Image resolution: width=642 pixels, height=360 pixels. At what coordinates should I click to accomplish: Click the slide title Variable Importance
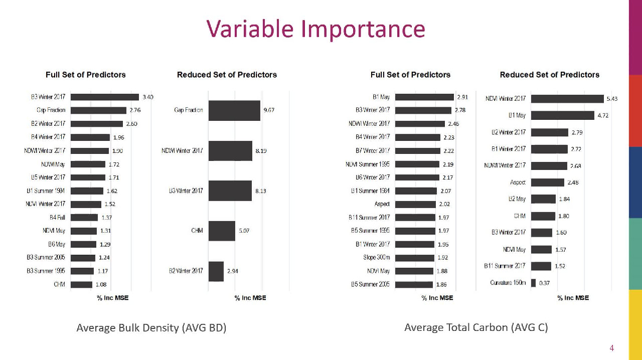pos(316,29)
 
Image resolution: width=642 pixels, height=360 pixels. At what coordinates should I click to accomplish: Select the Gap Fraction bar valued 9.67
pos(234,110)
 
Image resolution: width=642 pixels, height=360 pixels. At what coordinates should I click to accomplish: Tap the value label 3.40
pos(148,97)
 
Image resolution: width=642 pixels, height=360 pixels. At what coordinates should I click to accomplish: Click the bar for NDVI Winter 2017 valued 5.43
pos(567,99)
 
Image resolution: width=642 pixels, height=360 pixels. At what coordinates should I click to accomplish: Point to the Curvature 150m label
pos(508,283)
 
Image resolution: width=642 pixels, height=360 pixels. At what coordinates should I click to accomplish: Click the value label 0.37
pos(544,283)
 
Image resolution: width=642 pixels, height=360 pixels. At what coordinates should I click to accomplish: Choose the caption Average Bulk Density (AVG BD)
pos(151,328)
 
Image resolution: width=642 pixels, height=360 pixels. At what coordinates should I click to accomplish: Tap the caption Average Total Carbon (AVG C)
pos(476,327)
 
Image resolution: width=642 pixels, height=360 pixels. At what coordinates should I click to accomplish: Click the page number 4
pos(611,348)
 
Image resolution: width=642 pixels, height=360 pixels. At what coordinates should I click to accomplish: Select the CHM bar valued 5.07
pos(222,231)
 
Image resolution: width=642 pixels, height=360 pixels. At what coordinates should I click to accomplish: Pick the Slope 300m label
pos(376,258)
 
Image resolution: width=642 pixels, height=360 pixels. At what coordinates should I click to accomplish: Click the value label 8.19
pos(261,151)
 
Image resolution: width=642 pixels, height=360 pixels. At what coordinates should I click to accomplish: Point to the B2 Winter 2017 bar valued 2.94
pos(216,271)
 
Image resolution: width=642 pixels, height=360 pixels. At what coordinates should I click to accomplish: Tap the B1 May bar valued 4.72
pos(562,115)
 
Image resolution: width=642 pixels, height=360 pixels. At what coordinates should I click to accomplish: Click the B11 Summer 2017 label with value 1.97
pos(369,218)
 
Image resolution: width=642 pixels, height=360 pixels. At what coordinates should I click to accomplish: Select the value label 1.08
pos(101,285)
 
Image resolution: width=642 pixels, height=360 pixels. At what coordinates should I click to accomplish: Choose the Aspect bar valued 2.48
pos(548,183)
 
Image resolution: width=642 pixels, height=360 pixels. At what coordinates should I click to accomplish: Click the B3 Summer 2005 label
pos(46,258)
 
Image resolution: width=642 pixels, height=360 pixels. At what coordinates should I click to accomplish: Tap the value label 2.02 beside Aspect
pos(444,204)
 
